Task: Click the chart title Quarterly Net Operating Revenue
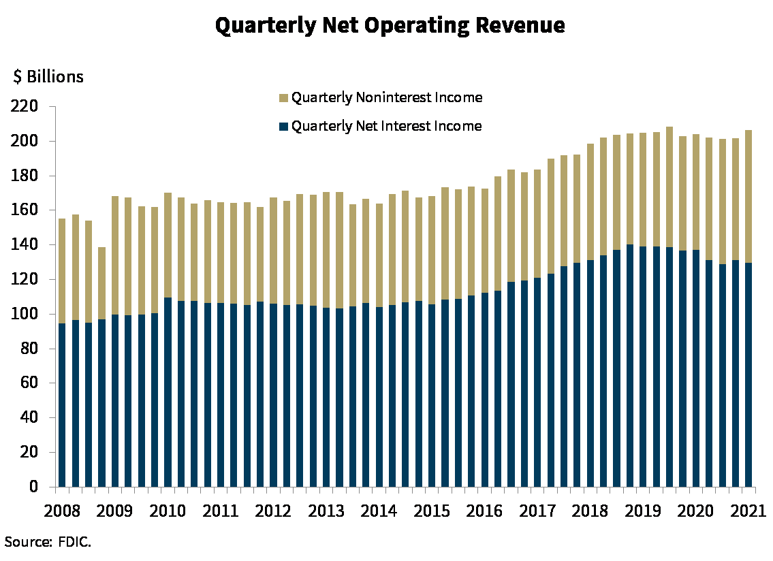(x=390, y=26)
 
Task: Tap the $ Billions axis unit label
(x=48, y=77)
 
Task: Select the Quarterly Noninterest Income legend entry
(x=386, y=98)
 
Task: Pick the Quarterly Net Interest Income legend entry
(x=386, y=127)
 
